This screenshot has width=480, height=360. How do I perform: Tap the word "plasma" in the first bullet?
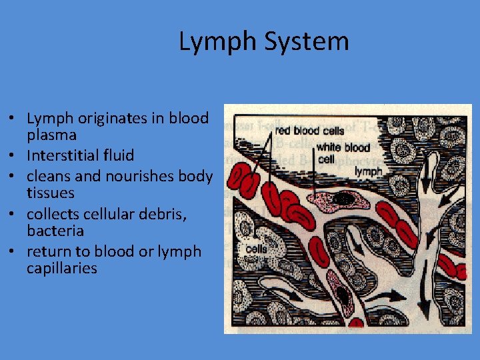point(51,135)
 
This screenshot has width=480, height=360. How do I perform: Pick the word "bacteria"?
point(55,231)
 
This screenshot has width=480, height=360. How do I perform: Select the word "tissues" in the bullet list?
point(50,193)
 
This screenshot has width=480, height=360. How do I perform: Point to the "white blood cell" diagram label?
point(342,153)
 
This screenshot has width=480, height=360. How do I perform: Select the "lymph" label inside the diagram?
point(368,171)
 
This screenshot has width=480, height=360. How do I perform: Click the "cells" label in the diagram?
point(256,249)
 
